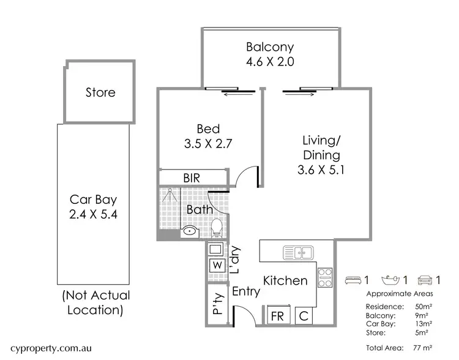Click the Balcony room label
coord(270,47)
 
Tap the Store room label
coord(100,93)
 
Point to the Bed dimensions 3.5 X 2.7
coord(208,144)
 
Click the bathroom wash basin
coord(190,231)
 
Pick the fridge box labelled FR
coord(278,317)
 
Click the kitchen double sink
coord(297,252)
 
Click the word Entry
coord(246,293)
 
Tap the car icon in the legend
coord(424,280)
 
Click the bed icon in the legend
coord(353,280)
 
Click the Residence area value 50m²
coord(422,306)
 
